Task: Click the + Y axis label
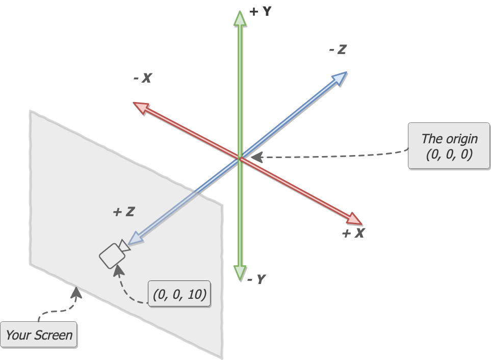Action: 260,11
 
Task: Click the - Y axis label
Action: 256,279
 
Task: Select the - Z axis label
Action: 338,49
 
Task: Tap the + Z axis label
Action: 123,211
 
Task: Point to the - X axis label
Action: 142,78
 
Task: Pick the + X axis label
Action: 353,234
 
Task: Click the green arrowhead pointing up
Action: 240,18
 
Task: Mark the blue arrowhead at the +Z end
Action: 135,238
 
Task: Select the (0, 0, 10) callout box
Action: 179,294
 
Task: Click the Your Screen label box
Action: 39,335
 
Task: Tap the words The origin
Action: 449,139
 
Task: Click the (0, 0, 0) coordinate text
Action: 449,155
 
